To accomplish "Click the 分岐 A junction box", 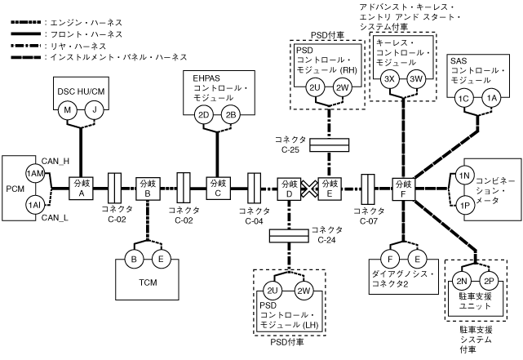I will (x=81, y=187).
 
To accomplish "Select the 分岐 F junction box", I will (x=403, y=187).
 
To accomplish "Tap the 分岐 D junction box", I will (x=288, y=187).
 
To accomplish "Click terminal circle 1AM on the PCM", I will (x=33, y=174).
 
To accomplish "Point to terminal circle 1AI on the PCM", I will (x=33, y=203).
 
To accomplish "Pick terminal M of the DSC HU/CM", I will (x=69, y=109).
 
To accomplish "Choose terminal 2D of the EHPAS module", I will (x=206, y=115).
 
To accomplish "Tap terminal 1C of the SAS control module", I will (x=465, y=99).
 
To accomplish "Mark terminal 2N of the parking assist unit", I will (x=461, y=283).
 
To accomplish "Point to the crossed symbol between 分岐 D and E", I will (x=309, y=187).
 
